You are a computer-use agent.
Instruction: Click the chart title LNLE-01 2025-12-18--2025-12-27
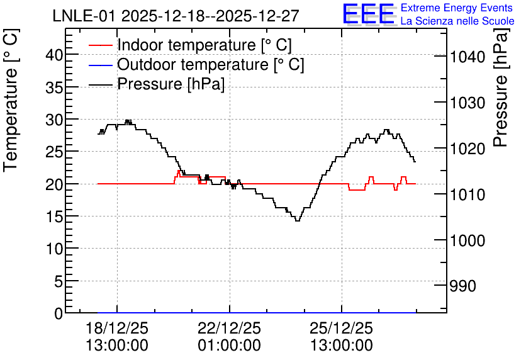click(x=176, y=16)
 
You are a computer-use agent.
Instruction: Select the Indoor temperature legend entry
click(x=204, y=45)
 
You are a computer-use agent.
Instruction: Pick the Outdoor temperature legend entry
click(x=210, y=64)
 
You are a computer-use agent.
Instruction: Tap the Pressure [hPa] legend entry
click(x=171, y=84)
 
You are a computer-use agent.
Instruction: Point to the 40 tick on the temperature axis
click(x=54, y=54)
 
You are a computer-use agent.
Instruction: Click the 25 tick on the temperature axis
click(x=54, y=152)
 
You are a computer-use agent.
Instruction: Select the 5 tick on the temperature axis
click(x=59, y=281)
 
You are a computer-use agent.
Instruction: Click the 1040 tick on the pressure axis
click(x=467, y=57)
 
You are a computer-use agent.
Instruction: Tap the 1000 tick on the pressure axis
click(x=467, y=240)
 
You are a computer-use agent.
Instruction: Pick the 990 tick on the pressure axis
click(x=462, y=286)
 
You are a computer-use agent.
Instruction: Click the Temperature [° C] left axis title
click(x=11, y=101)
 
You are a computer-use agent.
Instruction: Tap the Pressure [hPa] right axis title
click(x=500, y=88)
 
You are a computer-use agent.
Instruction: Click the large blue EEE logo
click(x=368, y=14)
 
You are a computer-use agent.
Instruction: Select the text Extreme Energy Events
click(x=457, y=8)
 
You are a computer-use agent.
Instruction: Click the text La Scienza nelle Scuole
click(x=457, y=21)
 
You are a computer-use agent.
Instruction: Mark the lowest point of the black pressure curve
click(x=297, y=221)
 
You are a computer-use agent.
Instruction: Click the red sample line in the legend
click(x=100, y=45)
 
